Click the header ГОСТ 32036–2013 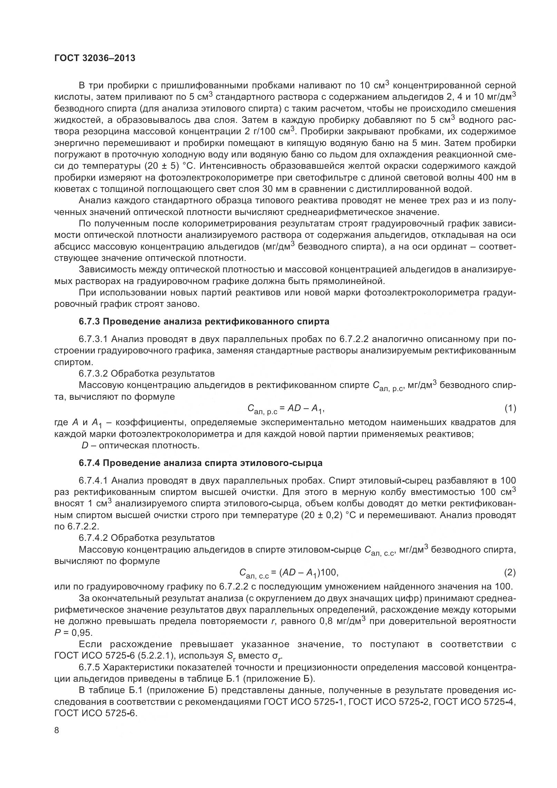95,58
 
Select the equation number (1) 510,409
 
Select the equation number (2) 510,573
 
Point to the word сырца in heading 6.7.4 309,463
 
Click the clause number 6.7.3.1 93,339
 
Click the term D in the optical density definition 85,446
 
